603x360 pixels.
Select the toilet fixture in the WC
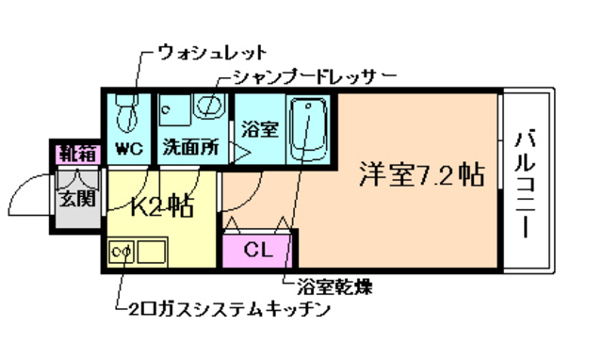coord(124,116)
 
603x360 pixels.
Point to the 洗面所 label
coord(189,148)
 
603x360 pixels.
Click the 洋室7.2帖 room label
coord(422,174)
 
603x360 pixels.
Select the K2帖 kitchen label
coord(160,205)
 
